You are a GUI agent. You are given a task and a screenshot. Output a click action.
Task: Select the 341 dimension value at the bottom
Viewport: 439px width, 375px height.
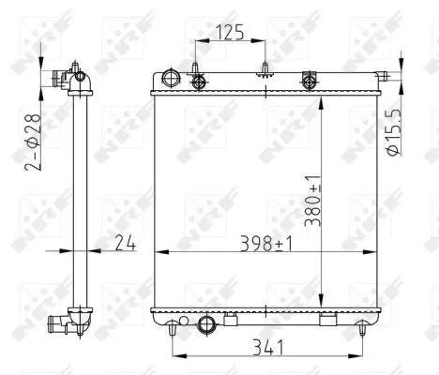[266, 347]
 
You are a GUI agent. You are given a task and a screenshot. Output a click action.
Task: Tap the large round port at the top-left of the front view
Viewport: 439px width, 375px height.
[170, 79]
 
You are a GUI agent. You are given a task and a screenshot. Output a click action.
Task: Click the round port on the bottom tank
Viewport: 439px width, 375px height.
[208, 325]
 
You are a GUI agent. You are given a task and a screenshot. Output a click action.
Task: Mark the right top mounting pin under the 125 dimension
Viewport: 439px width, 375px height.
[265, 68]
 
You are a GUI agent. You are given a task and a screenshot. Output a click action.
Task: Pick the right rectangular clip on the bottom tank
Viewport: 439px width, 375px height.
[328, 322]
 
